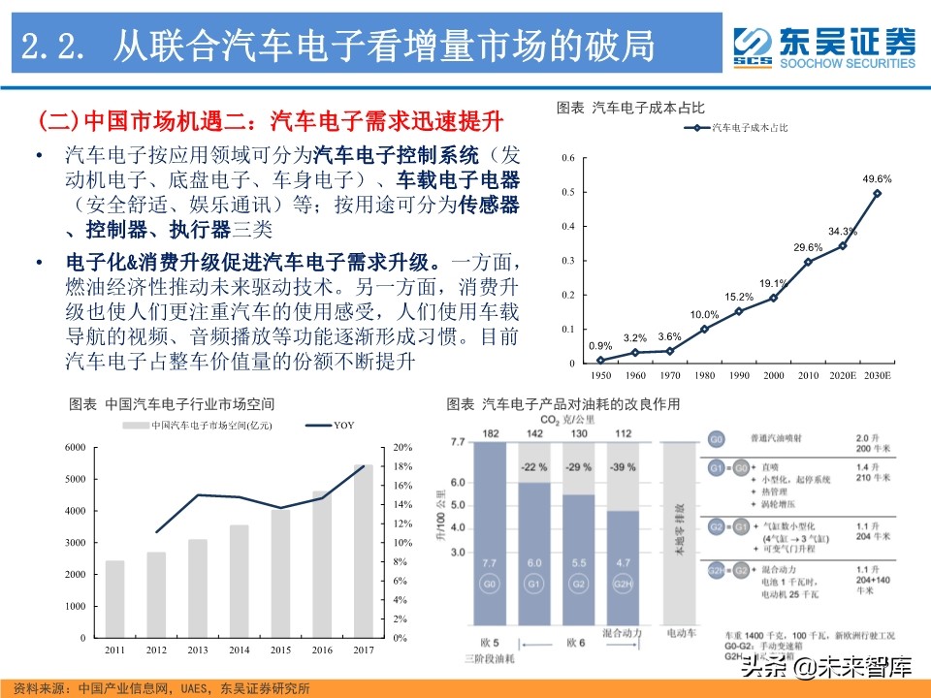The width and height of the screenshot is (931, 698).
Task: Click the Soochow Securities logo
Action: (x=823, y=46)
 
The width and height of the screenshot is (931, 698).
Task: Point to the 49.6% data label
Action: (x=877, y=179)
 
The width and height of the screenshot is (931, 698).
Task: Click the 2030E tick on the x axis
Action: (x=877, y=374)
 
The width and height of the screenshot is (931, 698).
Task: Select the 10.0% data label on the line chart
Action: (x=704, y=315)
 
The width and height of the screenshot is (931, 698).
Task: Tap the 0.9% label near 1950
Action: (x=600, y=346)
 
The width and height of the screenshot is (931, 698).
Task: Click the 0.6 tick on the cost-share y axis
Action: (x=569, y=158)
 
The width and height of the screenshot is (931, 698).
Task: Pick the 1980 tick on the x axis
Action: (x=704, y=374)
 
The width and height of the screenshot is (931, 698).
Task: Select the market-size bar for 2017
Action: (x=363, y=550)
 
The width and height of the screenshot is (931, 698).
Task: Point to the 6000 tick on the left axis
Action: (x=76, y=447)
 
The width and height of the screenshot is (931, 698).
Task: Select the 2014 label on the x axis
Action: (x=239, y=649)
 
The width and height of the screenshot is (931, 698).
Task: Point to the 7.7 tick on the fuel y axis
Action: (x=458, y=443)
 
